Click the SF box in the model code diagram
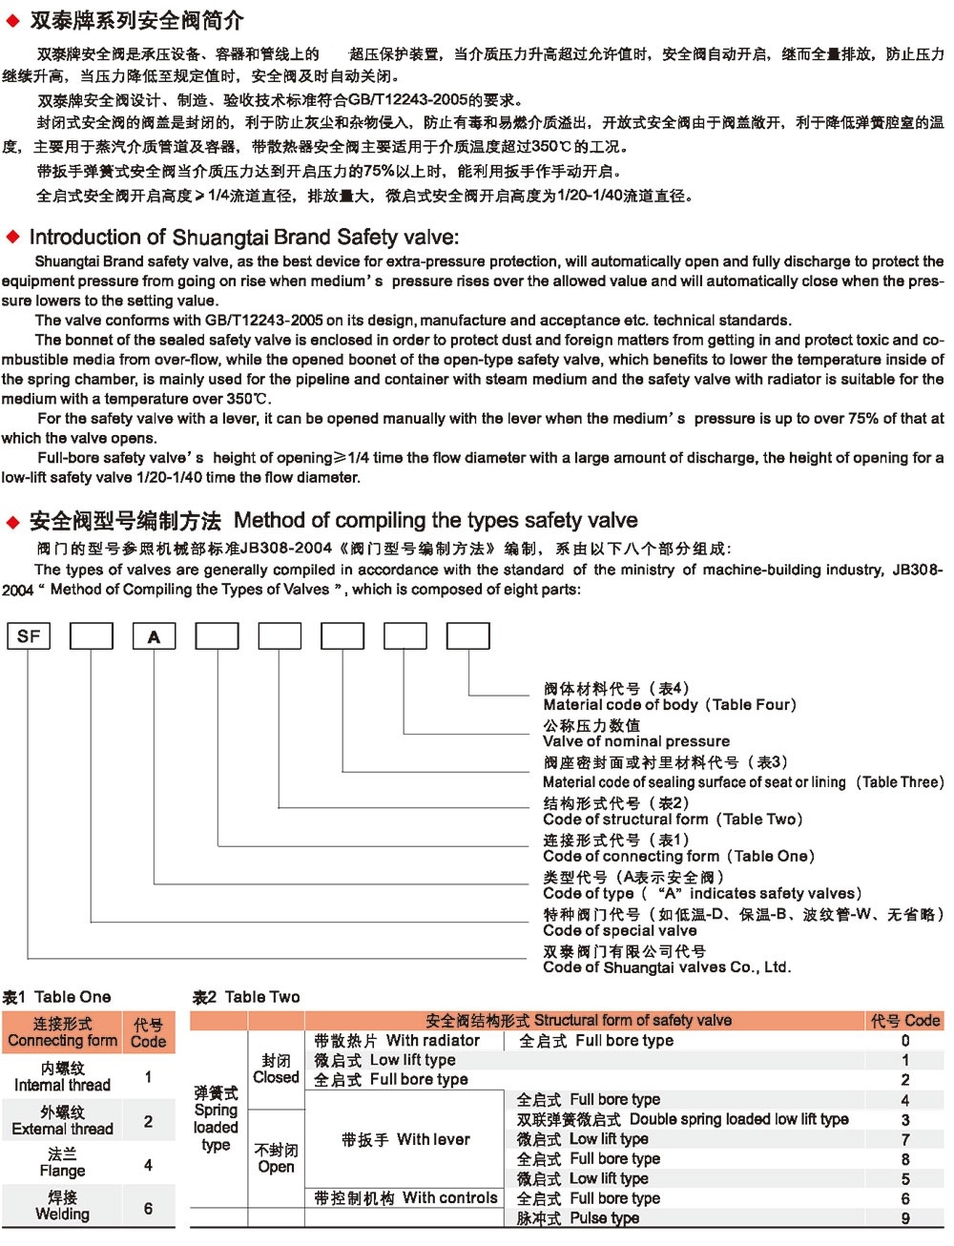29,635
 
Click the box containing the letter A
154,636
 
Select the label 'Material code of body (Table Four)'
669,705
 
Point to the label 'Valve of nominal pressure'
636,741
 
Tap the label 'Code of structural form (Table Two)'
673,819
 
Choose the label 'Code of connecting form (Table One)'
678,856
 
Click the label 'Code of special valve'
620,930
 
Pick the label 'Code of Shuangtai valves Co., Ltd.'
667,966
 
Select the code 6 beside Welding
148,1208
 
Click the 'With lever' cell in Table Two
405,1139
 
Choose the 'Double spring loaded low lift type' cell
682,1119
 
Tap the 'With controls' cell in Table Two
405,1198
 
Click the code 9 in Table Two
905,1218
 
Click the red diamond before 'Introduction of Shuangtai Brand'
12,237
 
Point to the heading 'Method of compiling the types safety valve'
435,521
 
